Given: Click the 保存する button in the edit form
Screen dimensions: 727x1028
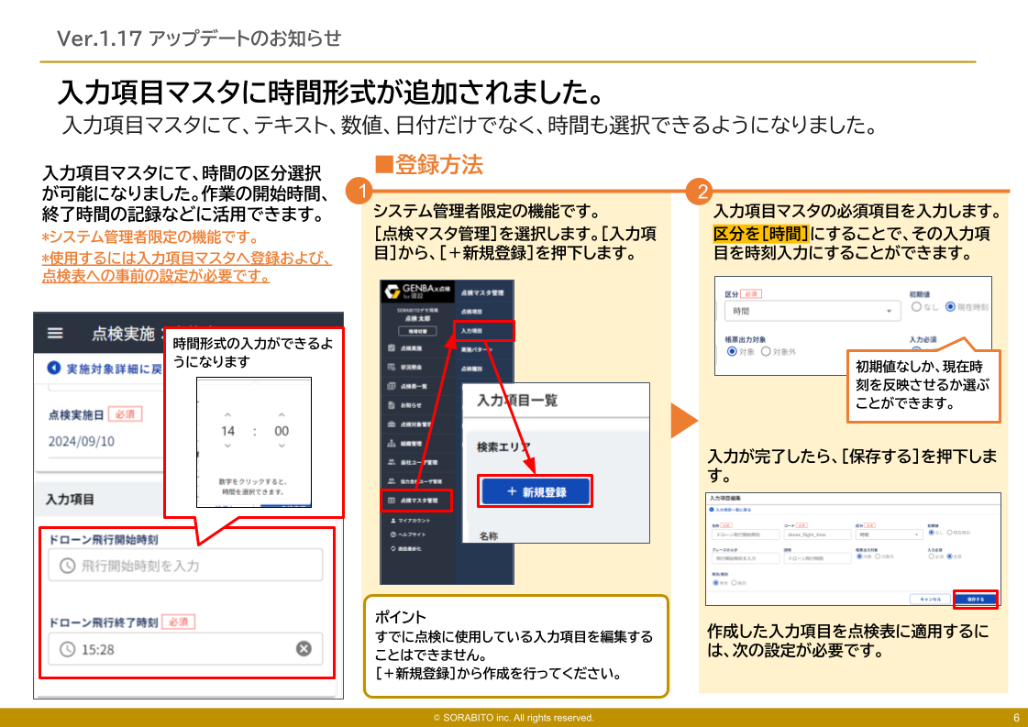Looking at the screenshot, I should (976, 599).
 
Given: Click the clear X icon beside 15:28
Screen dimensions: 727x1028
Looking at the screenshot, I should (304, 649).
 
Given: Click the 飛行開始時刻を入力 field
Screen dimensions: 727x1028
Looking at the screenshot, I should (186, 566).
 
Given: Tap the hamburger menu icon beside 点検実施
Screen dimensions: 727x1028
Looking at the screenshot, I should (56, 334).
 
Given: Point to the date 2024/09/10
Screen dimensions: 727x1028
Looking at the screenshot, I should (81, 441).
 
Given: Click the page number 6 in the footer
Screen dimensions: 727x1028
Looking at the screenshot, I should (1016, 718).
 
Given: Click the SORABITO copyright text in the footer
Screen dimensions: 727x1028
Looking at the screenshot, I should (514, 718).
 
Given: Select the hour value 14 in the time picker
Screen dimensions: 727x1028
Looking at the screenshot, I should (228, 431).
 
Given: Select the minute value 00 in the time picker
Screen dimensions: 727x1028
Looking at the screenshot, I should (281, 431).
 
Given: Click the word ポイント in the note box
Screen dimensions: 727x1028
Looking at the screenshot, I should (401, 617).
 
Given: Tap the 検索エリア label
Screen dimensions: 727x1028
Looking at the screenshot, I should (503, 447).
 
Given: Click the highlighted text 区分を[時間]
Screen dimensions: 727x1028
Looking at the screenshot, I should (760, 233).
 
